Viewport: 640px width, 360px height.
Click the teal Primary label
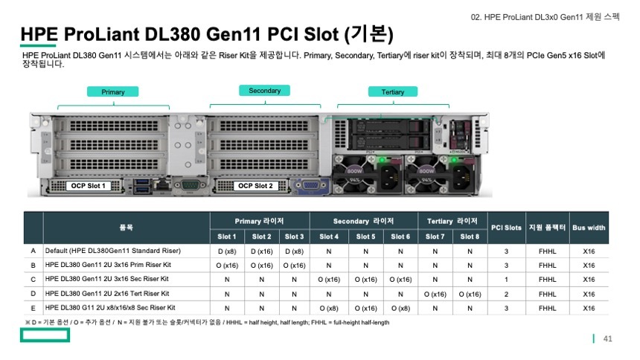point(113,92)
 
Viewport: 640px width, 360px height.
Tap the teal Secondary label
point(264,91)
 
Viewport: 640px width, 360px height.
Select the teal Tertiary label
point(392,92)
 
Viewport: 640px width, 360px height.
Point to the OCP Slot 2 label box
point(255,186)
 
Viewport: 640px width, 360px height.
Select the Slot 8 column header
point(470,237)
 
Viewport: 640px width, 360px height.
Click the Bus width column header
point(589,228)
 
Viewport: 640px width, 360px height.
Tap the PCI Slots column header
point(506,228)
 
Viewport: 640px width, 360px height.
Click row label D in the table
point(33,293)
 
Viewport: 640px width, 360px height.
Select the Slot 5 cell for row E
point(365,307)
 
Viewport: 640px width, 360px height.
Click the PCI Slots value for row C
point(506,279)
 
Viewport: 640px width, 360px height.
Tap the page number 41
point(607,339)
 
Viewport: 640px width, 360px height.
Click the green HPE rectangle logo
point(45,335)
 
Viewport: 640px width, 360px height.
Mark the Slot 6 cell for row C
point(400,279)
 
